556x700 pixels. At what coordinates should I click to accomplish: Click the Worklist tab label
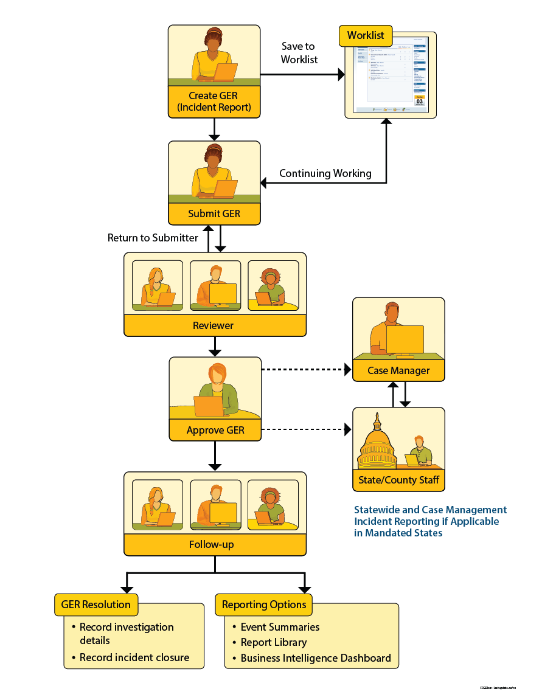[366, 35]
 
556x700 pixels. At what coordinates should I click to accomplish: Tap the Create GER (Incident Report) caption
[214, 102]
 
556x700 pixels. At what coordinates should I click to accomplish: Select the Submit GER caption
[214, 213]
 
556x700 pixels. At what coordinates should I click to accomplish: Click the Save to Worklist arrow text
[299, 53]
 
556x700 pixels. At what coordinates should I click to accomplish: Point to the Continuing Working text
[325, 173]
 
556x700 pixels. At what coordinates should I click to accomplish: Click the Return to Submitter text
[153, 238]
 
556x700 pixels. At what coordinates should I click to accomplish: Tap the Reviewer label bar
[214, 325]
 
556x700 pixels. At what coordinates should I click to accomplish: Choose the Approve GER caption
[215, 430]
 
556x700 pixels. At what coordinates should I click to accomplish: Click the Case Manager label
[398, 370]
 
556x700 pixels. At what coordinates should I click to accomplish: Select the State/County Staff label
[398, 480]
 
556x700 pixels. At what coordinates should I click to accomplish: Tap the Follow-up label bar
[214, 544]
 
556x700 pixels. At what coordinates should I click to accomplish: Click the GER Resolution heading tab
[96, 605]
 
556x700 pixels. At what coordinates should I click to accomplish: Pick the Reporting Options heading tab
[264, 605]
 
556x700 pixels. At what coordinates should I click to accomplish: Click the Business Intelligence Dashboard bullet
[316, 658]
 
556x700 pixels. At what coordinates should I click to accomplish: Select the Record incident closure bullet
[134, 657]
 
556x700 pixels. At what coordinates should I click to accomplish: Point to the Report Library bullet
[274, 642]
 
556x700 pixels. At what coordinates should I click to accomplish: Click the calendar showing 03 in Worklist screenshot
[419, 101]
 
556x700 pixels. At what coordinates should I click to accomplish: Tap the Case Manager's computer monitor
[405, 339]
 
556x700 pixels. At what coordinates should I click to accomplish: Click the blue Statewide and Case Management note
[430, 521]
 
